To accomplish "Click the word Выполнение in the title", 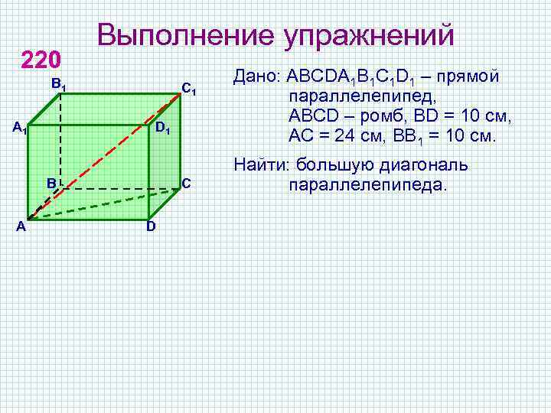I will (184, 35).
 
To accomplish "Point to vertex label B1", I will (58, 84).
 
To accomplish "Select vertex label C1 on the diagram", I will (190, 89).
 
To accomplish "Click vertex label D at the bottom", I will (151, 227).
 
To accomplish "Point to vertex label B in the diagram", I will (50, 184).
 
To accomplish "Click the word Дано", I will (256, 78).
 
